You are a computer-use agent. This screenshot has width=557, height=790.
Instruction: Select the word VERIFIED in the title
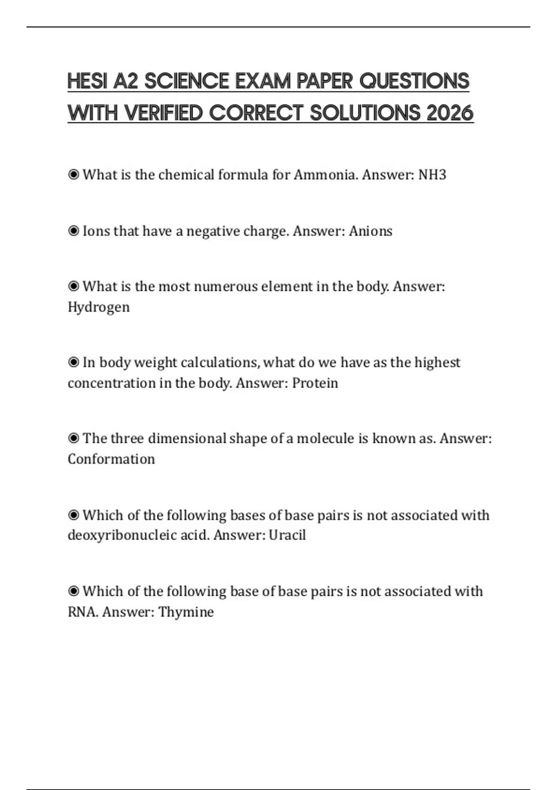click(x=164, y=113)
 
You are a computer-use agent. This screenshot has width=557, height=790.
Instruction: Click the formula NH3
click(x=432, y=175)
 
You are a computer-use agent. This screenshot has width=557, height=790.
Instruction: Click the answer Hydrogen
click(x=98, y=307)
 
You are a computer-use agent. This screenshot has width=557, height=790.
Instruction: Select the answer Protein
click(x=315, y=383)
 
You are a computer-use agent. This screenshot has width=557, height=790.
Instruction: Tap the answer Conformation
click(x=111, y=459)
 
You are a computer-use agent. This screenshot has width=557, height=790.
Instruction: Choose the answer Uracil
click(x=287, y=535)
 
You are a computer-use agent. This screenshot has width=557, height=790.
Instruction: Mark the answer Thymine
click(x=186, y=612)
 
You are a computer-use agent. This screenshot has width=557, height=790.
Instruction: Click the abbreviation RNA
click(x=83, y=612)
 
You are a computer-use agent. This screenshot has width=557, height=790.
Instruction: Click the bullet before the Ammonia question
click(x=73, y=175)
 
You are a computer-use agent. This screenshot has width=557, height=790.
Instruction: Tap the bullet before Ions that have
click(x=73, y=231)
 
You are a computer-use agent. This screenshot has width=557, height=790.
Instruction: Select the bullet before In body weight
click(x=73, y=362)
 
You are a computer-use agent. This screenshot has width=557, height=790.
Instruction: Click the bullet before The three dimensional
click(x=73, y=438)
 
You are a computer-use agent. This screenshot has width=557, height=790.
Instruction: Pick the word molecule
click(x=325, y=438)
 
